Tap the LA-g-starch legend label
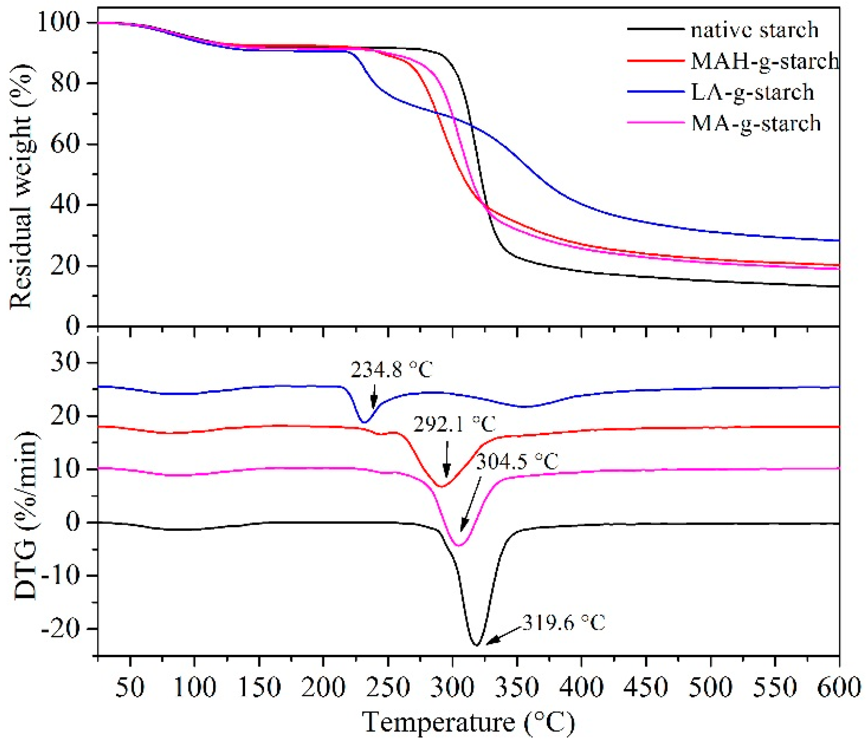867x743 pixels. coord(752,92)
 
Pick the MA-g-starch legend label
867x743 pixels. coord(756,123)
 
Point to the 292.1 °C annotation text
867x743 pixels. coord(455,424)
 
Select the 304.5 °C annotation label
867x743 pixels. coord(517,462)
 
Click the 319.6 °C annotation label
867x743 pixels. coord(563,623)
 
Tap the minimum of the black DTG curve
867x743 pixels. coord(476,645)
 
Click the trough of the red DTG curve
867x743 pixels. coord(441,486)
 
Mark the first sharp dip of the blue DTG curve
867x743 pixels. coord(364,422)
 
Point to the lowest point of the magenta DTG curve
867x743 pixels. coord(459,545)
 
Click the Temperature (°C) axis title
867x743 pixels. coord(469,722)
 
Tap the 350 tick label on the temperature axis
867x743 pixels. coord(517,687)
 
